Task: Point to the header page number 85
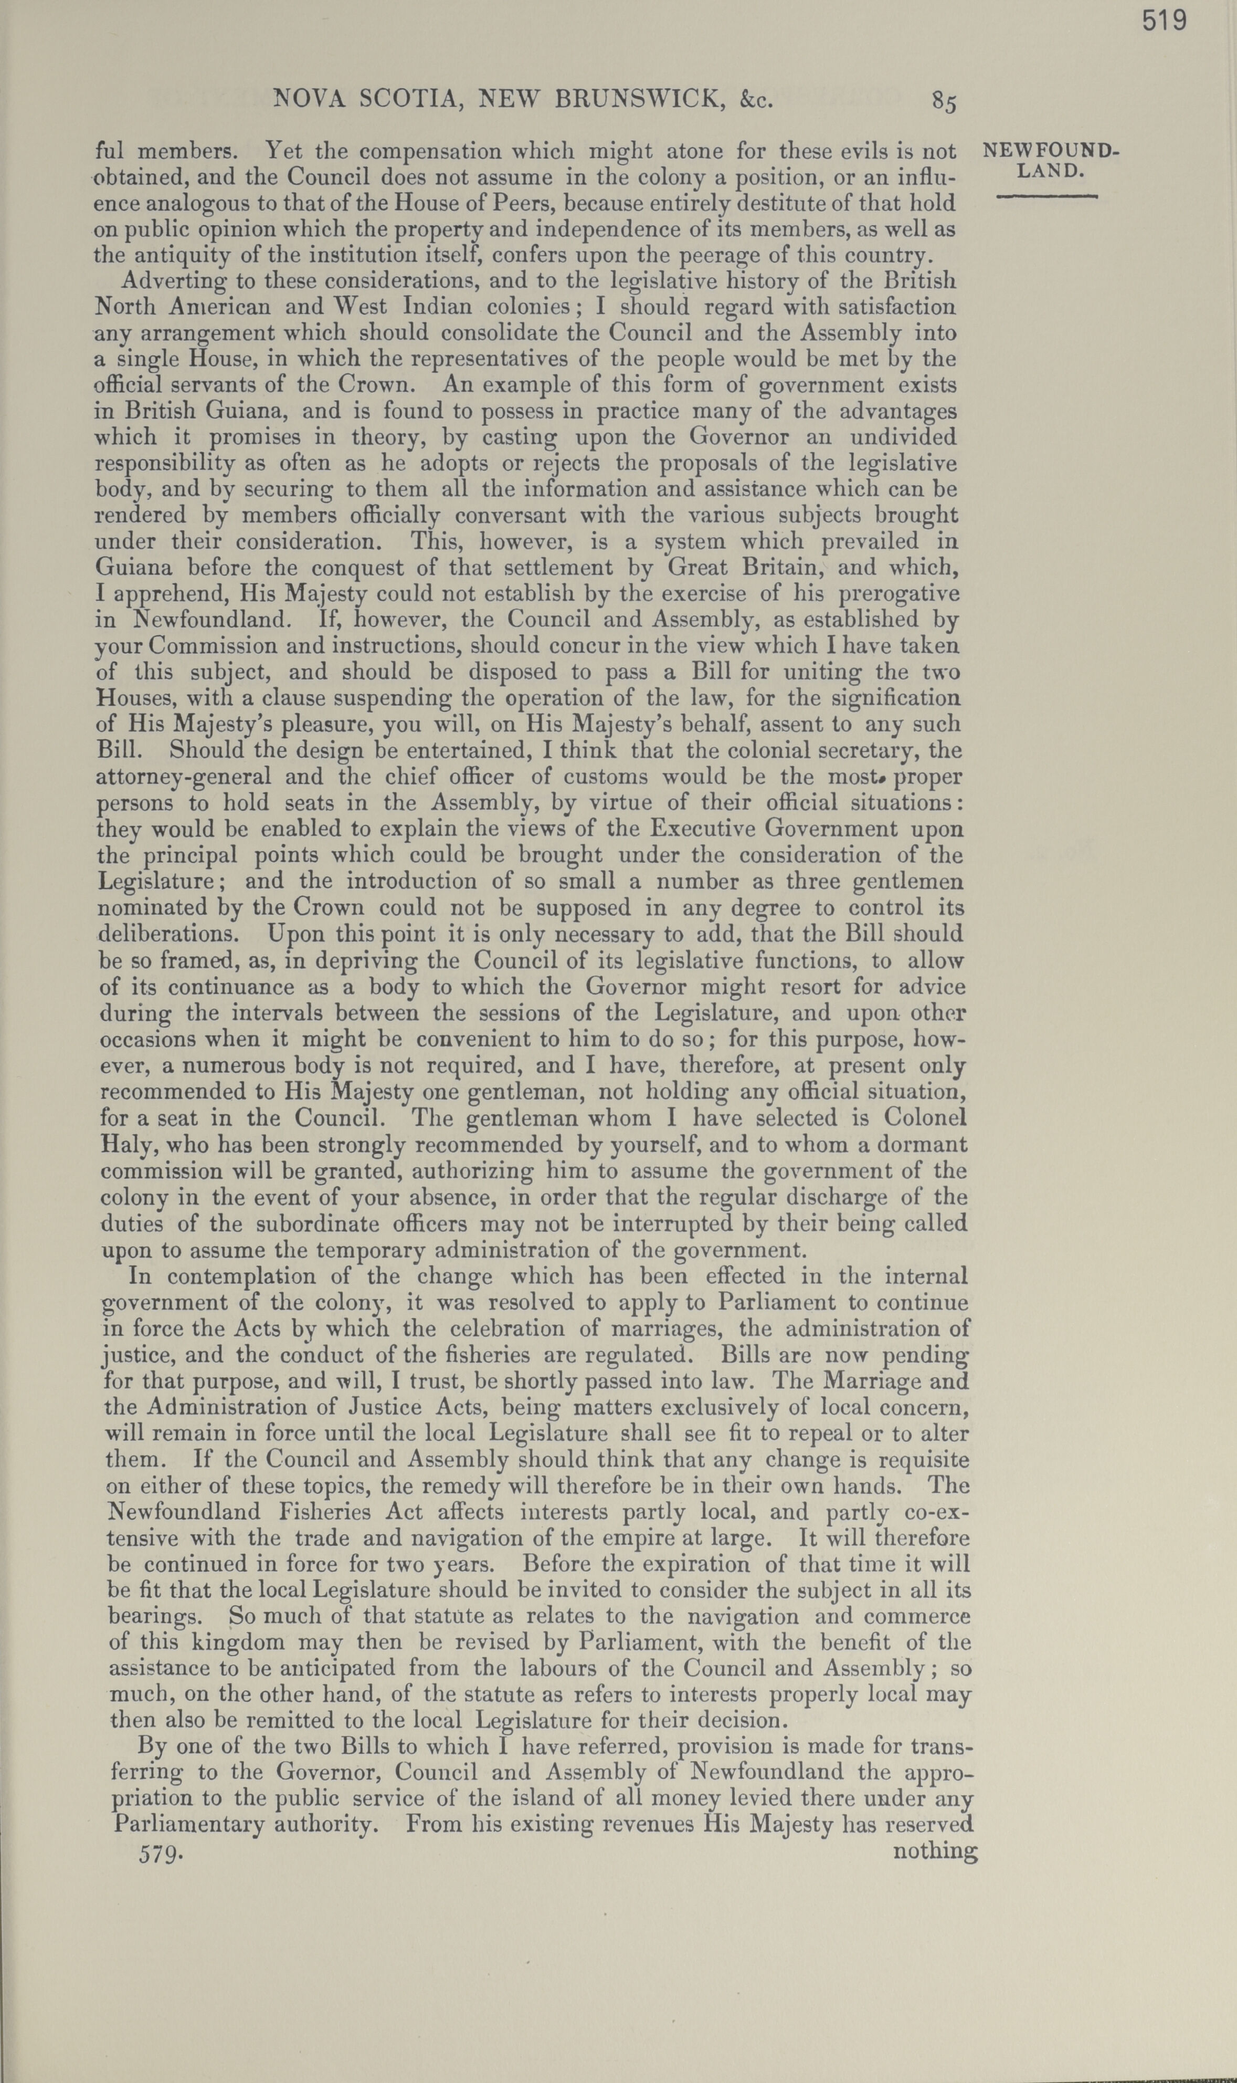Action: (x=945, y=102)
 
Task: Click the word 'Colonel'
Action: (x=925, y=1118)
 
